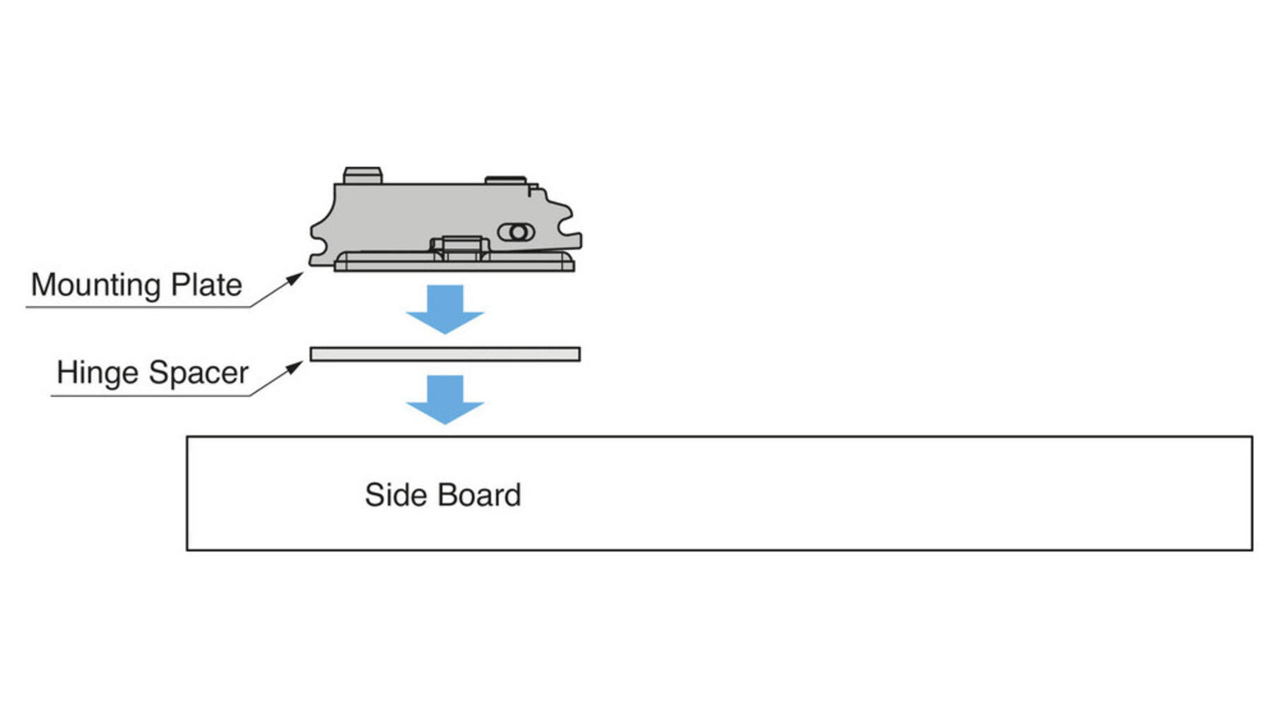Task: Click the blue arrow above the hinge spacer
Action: [445, 309]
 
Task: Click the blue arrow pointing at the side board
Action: [445, 400]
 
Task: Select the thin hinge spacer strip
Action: [445, 354]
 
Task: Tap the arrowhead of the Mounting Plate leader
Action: [295, 279]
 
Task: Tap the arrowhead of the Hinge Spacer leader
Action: [295, 368]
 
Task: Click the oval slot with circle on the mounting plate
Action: [517, 232]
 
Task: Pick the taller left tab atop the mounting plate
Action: [363, 176]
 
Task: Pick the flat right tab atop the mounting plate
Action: [505, 181]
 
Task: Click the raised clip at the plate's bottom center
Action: [460, 248]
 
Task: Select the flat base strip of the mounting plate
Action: [454, 261]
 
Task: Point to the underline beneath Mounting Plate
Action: [138, 307]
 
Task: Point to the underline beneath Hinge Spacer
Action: [151, 396]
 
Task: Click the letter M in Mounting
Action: [44, 285]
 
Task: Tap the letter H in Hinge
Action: [67, 372]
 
